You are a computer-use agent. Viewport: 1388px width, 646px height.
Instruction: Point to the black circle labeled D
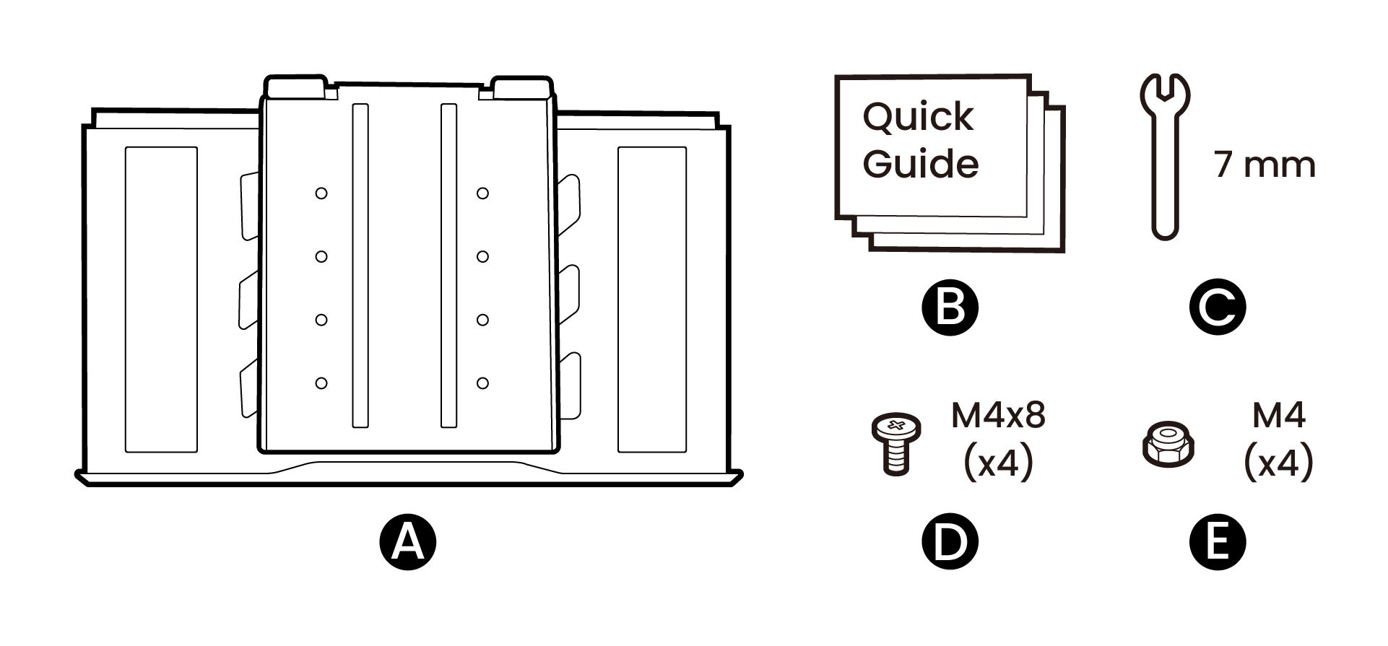[x=950, y=542]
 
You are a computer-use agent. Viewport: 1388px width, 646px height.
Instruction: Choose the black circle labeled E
[x=1218, y=542]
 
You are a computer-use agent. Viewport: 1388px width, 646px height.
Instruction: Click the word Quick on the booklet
[x=918, y=118]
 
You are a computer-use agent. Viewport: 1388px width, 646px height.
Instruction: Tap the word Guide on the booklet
[x=920, y=164]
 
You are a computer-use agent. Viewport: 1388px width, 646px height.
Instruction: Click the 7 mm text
[x=1265, y=165]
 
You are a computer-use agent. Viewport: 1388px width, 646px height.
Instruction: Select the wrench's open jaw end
[x=1165, y=90]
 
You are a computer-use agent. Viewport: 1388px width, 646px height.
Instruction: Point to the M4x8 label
[x=998, y=416]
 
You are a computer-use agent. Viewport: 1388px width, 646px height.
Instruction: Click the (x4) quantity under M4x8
[x=998, y=463]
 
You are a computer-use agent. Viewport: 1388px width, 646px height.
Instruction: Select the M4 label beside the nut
[x=1278, y=416]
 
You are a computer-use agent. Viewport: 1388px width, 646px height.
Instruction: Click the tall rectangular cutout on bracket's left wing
[x=161, y=300]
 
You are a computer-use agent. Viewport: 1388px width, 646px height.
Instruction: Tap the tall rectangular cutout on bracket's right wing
[x=652, y=300]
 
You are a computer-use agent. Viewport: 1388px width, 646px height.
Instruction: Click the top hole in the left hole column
[x=321, y=193]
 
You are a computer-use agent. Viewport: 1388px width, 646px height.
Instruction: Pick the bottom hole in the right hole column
[x=482, y=383]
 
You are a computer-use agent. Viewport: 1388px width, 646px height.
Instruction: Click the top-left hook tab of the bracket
[x=295, y=87]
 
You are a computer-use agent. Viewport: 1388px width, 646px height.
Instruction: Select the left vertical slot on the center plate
[x=360, y=266]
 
